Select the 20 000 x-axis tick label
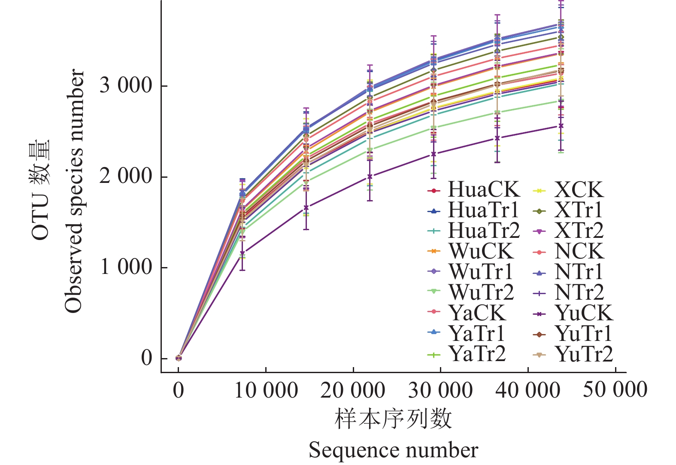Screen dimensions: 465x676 [353, 391]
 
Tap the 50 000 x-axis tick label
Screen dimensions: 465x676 [615, 390]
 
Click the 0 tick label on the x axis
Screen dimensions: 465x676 [179, 391]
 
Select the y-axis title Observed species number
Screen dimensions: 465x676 [73, 191]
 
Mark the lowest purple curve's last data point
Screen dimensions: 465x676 [561, 126]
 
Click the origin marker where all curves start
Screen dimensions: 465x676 [179, 358]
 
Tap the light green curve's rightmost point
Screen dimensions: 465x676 [561, 101]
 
